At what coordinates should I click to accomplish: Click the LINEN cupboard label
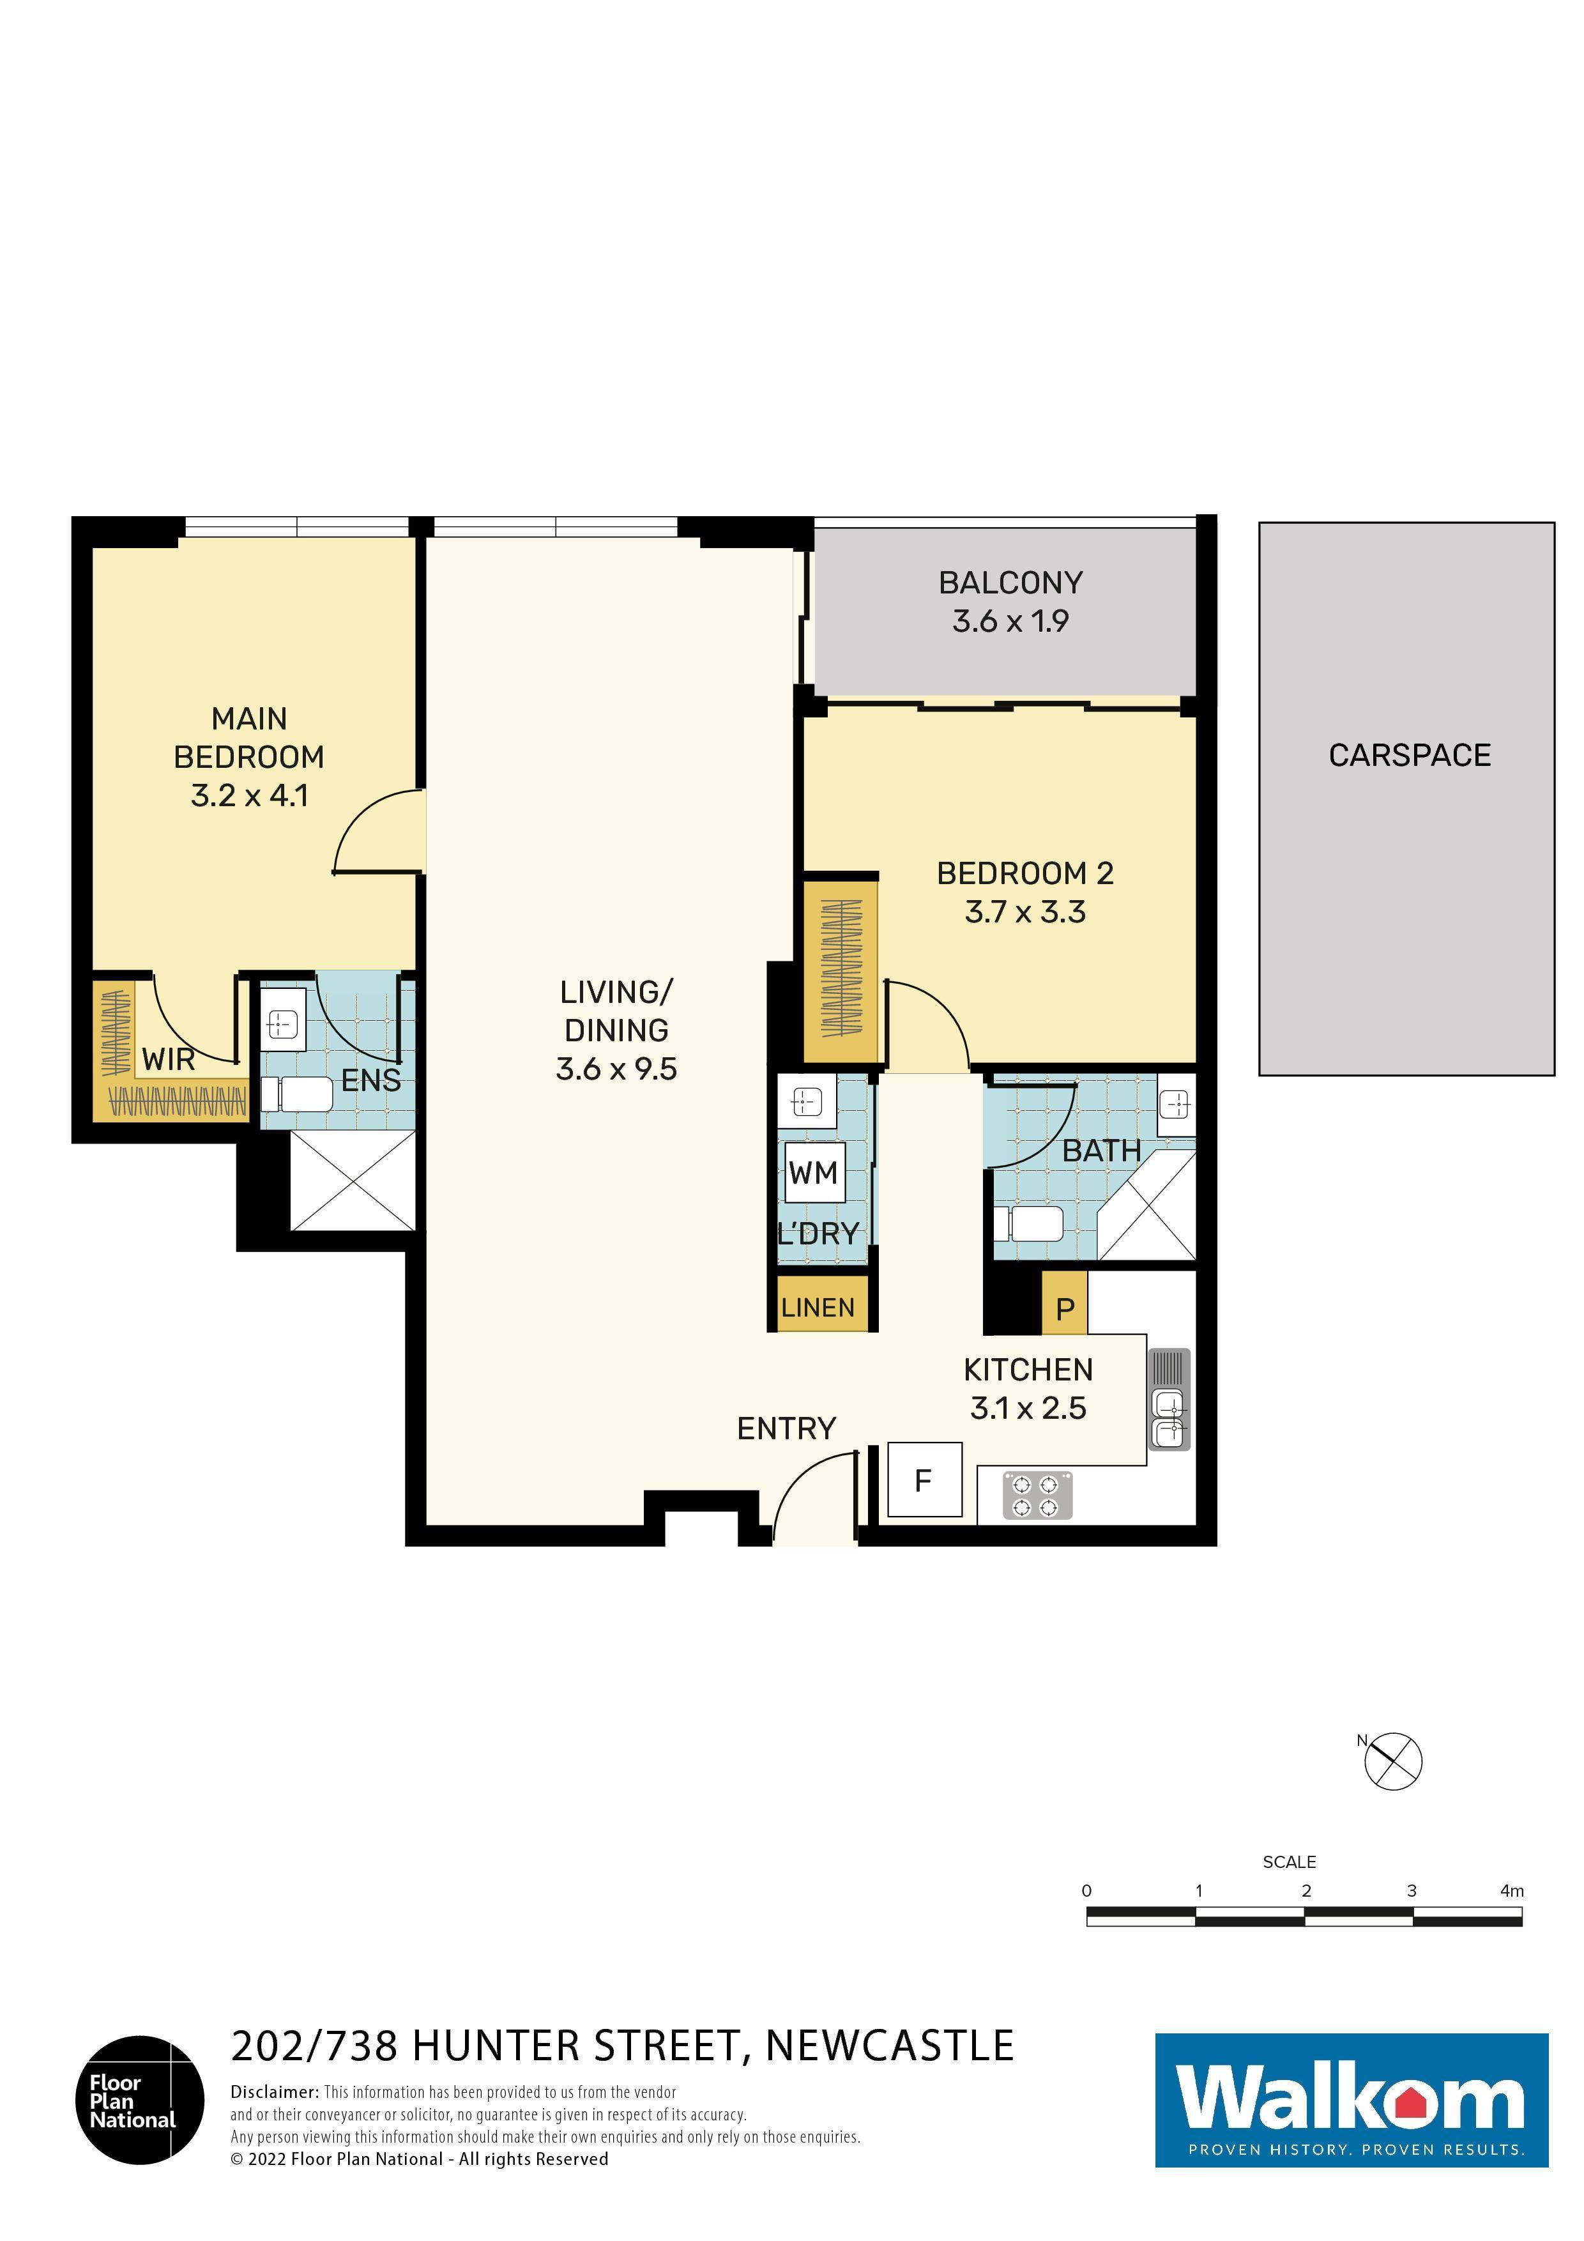click(818, 1308)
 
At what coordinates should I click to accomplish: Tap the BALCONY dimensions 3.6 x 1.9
click(1010, 622)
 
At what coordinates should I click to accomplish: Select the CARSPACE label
click(1408, 756)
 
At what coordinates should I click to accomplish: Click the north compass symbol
click(1394, 1762)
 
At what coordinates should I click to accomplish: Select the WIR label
click(168, 1059)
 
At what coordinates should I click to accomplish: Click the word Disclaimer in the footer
click(273, 2092)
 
